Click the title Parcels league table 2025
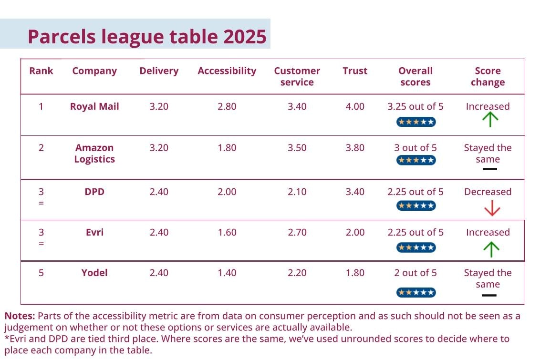click(x=146, y=36)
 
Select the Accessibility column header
click(x=227, y=71)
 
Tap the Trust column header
click(x=354, y=71)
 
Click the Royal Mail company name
click(x=94, y=106)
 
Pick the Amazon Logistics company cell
click(x=94, y=154)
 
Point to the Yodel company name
click(x=94, y=273)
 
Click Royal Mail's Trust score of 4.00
click(x=354, y=106)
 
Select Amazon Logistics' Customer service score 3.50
click(x=297, y=148)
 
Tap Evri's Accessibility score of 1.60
click(x=227, y=232)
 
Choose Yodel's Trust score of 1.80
click(x=354, y=273)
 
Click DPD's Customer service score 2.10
click(x=297, y=192)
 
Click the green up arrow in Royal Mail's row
click(x=489, y=120)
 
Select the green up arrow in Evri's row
click(x=490, y=248)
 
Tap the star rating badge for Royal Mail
click(x=415, y=122)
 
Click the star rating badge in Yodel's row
click(x=415, y=292)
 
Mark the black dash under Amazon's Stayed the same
click(x=489, y=169)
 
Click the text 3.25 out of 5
click(x=415, y=106)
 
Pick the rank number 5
click(x=41, y=273)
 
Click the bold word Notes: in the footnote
click(x=20, y=316)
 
